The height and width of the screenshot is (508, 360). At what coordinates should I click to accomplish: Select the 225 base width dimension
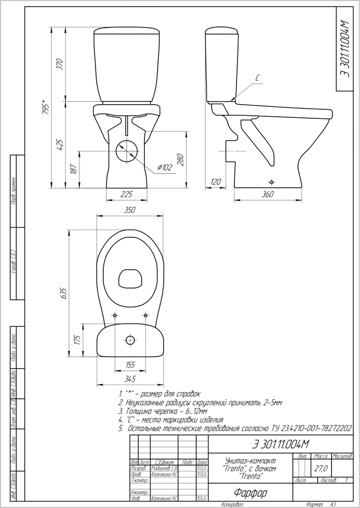(127, 194)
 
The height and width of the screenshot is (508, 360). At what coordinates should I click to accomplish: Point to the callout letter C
(258, 79)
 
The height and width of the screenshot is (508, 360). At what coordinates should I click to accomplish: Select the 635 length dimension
(64, 294)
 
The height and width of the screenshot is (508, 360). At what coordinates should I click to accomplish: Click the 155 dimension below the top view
(130, 365)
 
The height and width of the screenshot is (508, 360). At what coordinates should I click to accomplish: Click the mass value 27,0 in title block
(322, 467)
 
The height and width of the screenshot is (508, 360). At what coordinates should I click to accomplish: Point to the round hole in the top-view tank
(131, 339)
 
